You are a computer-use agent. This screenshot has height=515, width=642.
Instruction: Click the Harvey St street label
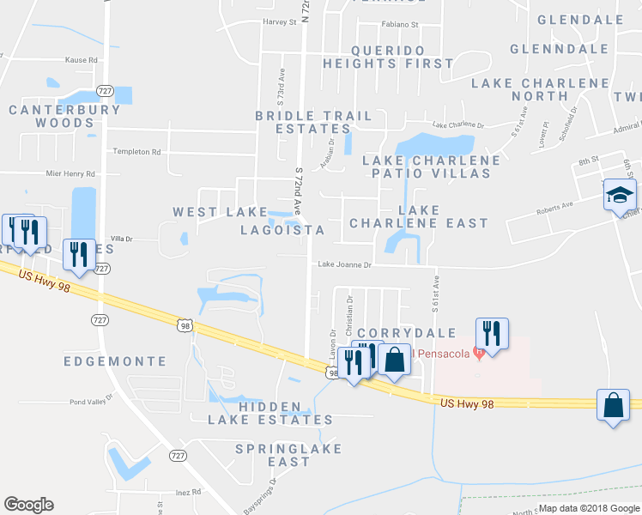pyautogui.click(x=279, y=21)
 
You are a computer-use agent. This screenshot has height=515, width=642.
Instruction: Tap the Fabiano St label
pyautogui.click(x=401, y=25)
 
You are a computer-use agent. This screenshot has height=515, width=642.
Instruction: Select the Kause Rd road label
pyautogui.click(x=82, y=60)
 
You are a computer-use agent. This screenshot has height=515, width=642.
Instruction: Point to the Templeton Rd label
pyautogui.click(x=137, y=152)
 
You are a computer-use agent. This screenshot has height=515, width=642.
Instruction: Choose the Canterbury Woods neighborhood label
pyautogui.click(x=65, y=116)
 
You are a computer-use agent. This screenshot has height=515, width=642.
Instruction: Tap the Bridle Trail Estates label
pyautogui.click(x=313, y=122)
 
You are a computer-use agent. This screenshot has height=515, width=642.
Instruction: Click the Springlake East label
pyautogui.click(x=289, y=455)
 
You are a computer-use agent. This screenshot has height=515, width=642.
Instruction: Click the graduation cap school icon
pyautogui.click(x=619, y=196)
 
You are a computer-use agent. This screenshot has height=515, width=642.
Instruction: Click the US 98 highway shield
pyautogui.click(x=185, y=324)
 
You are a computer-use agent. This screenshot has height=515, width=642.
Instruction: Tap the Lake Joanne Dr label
pyautogui.click(x=344, y=265)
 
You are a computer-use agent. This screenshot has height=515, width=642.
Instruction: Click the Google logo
pyautogui.click(x=28, y=505)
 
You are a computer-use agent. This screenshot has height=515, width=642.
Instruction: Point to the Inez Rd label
pyautogui.click(x=187, y=492)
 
